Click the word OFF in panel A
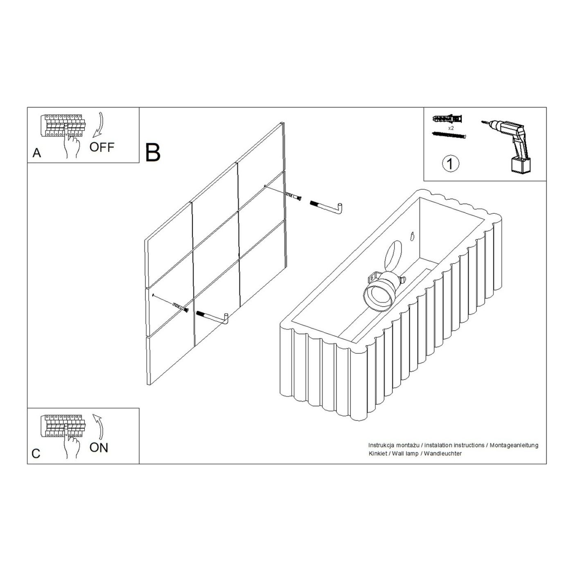[102, 147]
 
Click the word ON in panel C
[99, 447]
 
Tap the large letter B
[153, 153]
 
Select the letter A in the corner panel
[36, 153]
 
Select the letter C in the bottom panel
[36, 454]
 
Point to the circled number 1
[451, 164]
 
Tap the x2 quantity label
[451, 128]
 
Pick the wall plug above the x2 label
[448, 120]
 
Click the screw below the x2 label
[449, 135]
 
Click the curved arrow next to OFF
[98, 125]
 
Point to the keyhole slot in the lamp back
[412, 236]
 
